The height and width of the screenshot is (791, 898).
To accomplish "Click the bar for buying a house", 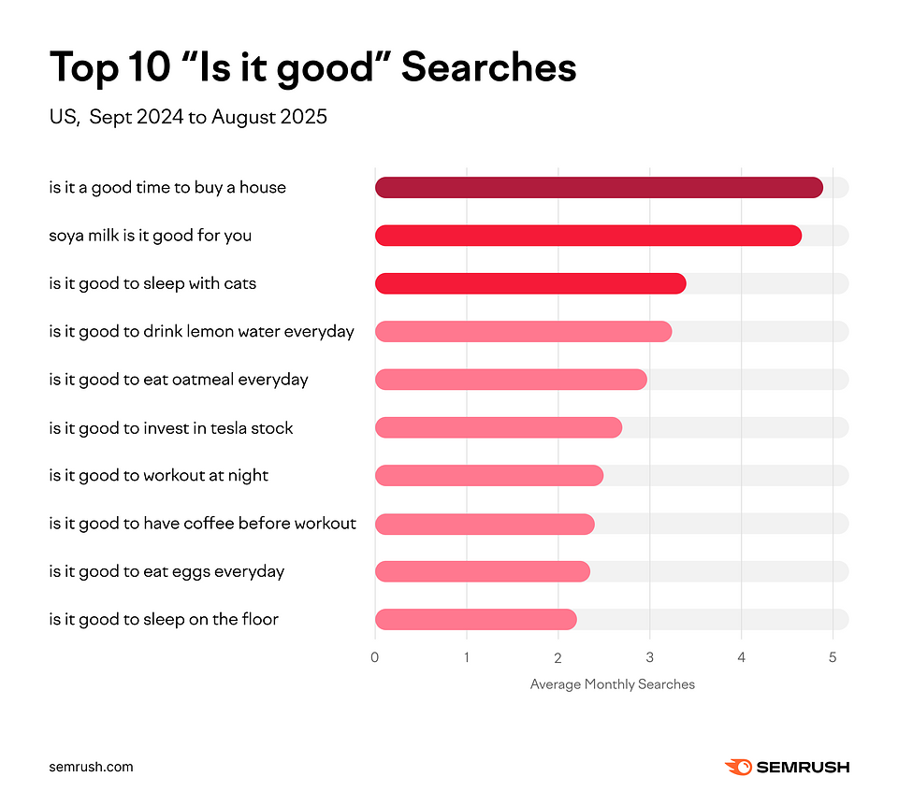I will pyautogui.click(x=599, y=187).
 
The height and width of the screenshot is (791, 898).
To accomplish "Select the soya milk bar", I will pyautogui.click(x=587, y=236).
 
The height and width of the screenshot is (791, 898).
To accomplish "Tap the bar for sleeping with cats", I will pyautogui.click(x=530, y=283).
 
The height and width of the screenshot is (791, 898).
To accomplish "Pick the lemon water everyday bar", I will pyautogui.click(x=523, y=331).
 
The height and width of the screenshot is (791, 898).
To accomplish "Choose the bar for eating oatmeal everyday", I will pyautogui.click(x=511, y=379).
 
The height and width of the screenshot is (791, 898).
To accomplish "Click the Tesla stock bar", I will pyautogui.click(x=499, y=427).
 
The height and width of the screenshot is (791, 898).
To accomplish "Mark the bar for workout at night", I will pyautogui.click(x=489, y=475).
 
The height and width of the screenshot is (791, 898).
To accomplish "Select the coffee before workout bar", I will pyautogui.click(x=485, y=524).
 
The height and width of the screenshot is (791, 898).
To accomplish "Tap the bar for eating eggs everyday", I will pyautogui.click(x=482, y=571).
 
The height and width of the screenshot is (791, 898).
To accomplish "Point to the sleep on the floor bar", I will pyautogui.click(x=475, y=619).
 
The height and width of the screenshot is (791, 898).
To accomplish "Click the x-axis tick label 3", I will pyautogui.click(x=650, y=656).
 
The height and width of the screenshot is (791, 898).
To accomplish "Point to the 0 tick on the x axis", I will pyautogui.click(x=375, y=656).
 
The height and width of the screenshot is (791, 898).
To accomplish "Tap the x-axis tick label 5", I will pyautogui.click(x=833, y=656).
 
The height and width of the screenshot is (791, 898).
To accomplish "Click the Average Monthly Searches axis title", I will pyautogui.click(x=613, y=684).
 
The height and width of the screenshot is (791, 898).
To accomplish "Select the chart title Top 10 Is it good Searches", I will pyautogui.click(x=312, y=67).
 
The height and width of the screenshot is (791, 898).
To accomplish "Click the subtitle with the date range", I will pyautogui.click(x=188, y=118).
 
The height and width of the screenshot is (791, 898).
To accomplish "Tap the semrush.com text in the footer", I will pyautogui.click(x=91, y=767).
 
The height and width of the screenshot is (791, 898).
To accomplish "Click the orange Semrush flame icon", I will pyautogui.click(x=737, y=767).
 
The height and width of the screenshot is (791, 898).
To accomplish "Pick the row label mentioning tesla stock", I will pyautogui.click(x=171, y=428).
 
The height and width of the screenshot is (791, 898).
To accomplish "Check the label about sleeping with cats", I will pyautogui.click(x=152, y=283).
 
